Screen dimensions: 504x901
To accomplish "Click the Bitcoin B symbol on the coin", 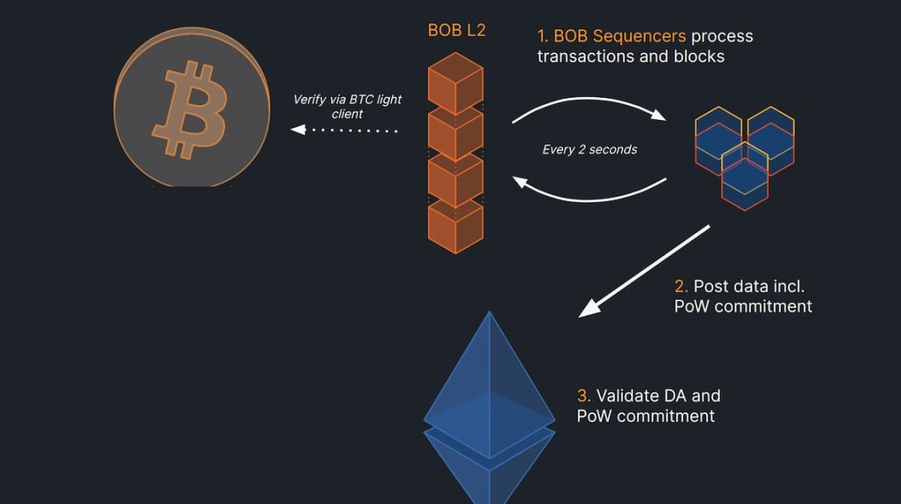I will click(190, 109).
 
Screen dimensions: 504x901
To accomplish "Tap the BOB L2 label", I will click(456, 31).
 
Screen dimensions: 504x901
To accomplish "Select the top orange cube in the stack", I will click(456, 83).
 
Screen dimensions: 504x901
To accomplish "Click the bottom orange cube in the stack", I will click(456, 224).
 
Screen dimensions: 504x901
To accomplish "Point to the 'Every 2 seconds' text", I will click(589, 149).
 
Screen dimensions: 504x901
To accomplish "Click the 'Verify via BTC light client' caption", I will click(347, 106).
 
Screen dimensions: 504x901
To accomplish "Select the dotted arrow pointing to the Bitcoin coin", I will click(344, 130).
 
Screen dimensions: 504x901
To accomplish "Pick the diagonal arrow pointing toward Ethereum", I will click(644, 271).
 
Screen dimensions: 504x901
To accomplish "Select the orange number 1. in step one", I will click(543, 37).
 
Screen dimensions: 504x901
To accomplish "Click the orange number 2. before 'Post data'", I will click(681, 286).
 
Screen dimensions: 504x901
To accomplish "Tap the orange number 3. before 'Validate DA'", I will click(584, 396).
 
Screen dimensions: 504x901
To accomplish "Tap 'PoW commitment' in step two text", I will click(742, 306).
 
